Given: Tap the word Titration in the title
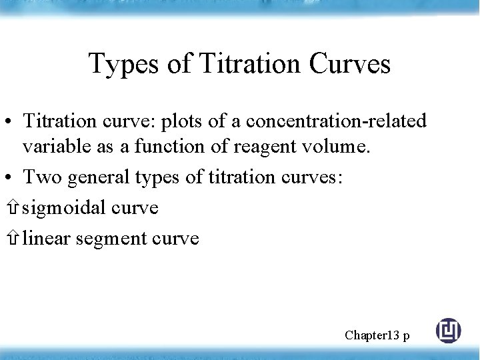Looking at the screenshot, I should [x=251, y=64].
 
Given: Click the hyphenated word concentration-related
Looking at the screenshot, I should [x=337, y=121].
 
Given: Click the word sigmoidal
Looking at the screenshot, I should [x=64, y=208].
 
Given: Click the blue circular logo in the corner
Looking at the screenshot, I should [x=448, y=331].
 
